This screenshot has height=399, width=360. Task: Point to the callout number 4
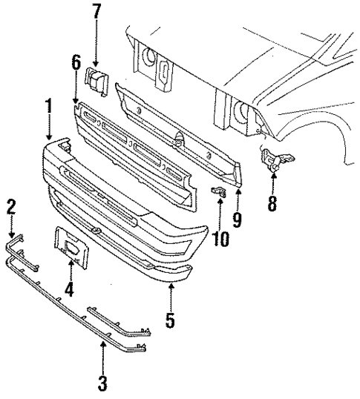[x=69, y=288]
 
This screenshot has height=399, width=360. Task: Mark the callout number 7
[x=95, y=13]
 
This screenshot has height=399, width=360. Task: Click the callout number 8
[x=272, y=202]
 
